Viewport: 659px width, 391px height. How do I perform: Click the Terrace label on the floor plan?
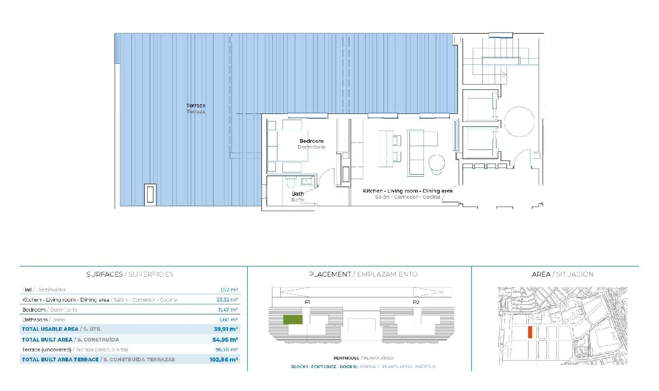click(196, 109)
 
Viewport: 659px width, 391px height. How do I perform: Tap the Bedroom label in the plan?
click(311, 144)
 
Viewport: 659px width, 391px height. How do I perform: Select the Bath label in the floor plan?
click(298, 197)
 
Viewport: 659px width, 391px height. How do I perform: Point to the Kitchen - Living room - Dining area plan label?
click(407, 194)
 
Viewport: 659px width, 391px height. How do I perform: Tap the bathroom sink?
click(306, 181)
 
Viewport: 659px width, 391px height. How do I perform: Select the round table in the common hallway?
click(519, 121)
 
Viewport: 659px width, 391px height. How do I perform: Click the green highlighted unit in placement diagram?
click(293, 320)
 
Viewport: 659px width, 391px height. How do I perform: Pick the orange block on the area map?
click(530, 333)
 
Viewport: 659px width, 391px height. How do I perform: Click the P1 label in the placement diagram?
click(308, 302)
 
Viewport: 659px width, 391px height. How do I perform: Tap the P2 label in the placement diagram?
click(416, 302)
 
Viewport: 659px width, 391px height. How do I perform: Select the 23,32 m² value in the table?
click(227, 300)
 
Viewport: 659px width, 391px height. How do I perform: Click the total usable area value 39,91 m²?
click(226, 329)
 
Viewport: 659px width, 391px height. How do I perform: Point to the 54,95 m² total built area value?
click(225, 340)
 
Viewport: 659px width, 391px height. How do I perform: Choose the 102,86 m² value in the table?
click(224, 359)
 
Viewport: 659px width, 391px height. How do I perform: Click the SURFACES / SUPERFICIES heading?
click(130, 274)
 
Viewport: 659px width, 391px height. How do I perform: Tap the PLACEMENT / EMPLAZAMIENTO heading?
click(363, 274)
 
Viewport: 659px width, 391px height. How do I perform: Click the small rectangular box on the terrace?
click(150, 194)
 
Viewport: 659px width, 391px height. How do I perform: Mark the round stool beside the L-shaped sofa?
click(437, 163)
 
